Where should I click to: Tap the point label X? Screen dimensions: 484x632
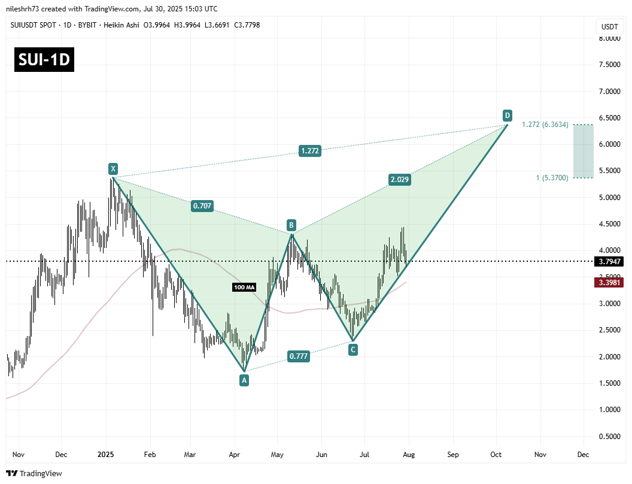tap(112, 168)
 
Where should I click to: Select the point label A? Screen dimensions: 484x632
tap(244, 380)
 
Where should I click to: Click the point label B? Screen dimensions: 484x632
tap(291, 225)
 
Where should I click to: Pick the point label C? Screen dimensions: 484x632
tap(353, 349)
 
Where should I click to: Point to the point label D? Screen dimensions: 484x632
tap(507, 115)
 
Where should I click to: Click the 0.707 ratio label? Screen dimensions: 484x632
tap(202, 205)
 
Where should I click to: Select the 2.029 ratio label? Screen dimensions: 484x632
tap(399, 179)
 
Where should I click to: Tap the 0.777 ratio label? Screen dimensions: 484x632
tap(299, 356)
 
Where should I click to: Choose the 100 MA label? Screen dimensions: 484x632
tap(244, 288)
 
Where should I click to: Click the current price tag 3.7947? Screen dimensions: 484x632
tap(609, 262)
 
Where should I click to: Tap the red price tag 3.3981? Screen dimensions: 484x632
tap(609, 282)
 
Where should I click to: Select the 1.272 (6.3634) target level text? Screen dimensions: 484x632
tap(545, 125)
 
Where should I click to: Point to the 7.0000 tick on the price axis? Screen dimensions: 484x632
tap(609, 92)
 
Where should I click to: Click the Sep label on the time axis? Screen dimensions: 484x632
tap(452, 455)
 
